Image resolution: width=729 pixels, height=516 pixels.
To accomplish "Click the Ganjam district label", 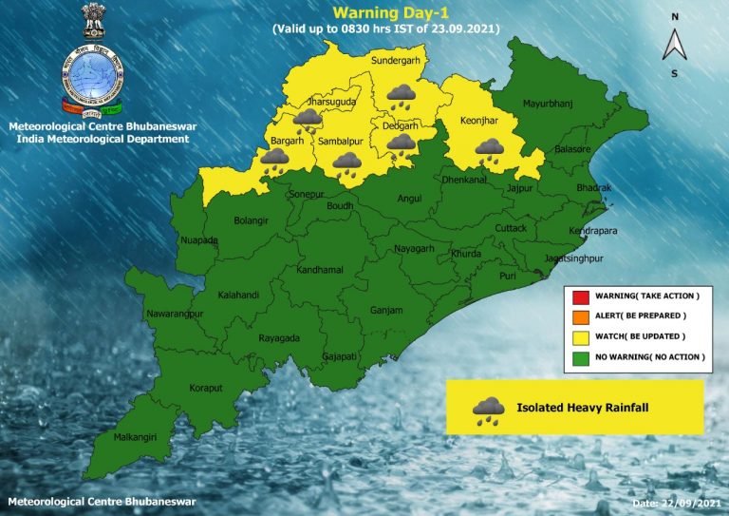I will [x=386, y=310].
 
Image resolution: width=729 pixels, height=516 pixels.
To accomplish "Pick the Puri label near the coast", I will [x=508, y=275].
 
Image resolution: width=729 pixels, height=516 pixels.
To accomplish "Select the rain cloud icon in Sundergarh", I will [x=401, y=95].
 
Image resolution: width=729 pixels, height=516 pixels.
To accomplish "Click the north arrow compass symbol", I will [x=675, y=44].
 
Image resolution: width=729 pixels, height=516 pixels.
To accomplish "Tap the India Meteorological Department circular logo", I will [x=93, y=73].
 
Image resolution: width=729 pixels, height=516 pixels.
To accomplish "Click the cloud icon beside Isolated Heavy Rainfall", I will [x=489, y=410].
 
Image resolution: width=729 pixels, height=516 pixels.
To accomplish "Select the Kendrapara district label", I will [x=595, y=231].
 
